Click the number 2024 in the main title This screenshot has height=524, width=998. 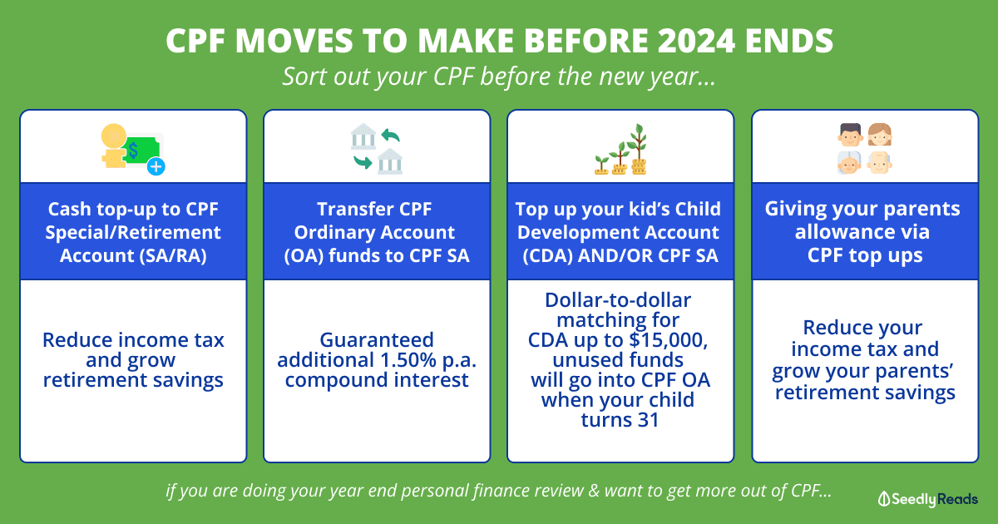click(x=696, y=41)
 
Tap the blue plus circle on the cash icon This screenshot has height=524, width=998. click(x=156, y=166)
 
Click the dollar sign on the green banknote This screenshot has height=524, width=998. click(x=133, y=151)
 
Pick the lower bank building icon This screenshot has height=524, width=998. click(x=390, y=161)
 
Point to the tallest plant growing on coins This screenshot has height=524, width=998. click(x=639, y=149)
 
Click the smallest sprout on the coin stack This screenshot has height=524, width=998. click(x=601, y=165)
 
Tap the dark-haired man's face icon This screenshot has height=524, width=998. click(x=851, y=135)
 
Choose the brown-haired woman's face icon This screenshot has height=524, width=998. click(x=880, y=135)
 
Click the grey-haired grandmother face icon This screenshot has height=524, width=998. click(x=849, y=162)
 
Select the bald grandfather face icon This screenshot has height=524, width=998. click(x=880, y=162)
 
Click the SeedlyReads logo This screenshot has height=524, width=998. click(x=928, y=499)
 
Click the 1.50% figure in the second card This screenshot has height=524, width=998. click(x=408, y=360)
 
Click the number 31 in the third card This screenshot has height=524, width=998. click(x=648, y=420)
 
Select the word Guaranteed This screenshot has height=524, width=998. click(x=377, y=340)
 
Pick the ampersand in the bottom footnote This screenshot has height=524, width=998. click(x=594, y=491)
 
